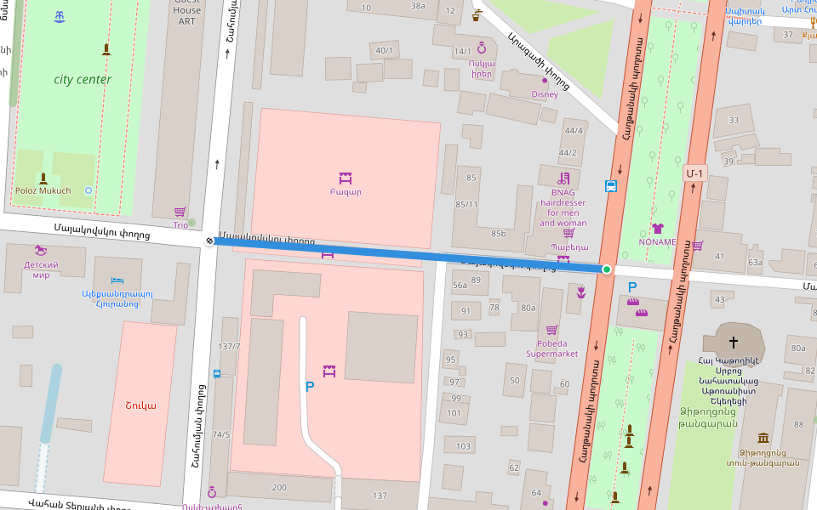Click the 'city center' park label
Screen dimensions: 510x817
(x=83, y=80)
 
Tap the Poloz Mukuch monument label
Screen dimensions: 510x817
(x=43, y=190)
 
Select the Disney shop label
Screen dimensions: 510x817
(x=545, y=94)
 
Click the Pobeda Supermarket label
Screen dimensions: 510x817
(x=551, y=348)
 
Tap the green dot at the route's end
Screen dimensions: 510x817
(x=607, y=269)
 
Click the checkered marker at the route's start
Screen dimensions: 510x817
(x=210, y=241)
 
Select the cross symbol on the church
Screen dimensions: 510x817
(x=733, y=342)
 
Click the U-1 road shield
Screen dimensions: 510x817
(x=694, y=173)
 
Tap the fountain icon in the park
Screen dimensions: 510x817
(x=59, y=17)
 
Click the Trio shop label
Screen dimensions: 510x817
(x=180, y=225)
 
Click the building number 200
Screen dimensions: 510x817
(x=279, y=487)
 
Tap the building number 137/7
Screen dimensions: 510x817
(x=229, y=347)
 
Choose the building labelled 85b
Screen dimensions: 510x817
(x=498, y=234)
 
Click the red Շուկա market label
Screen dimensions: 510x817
(x=140, y=405)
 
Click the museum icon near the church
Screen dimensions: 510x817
(x=763, y=438)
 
